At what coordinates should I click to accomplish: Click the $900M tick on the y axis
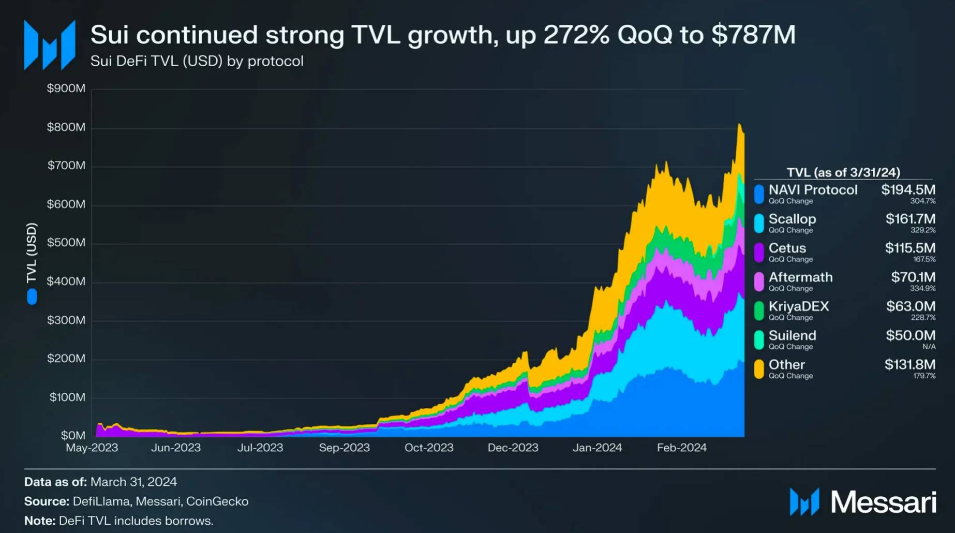click(66, 88)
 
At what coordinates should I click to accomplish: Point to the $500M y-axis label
click(66, 243)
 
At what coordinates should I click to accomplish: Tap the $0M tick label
click(73, 436)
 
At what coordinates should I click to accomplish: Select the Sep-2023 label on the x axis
click(344, 448)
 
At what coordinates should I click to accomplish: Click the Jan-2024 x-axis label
click(597, 448)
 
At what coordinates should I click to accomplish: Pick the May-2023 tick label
click(92, 448)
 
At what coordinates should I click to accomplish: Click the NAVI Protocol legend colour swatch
click(759, 194)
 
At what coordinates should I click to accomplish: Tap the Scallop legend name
click(792, 219)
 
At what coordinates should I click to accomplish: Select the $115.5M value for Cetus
click(910, 248)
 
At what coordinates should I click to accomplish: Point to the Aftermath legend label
click(800, 277)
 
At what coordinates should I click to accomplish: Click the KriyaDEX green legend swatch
click(759, 310)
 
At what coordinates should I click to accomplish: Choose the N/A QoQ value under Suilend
click(929, 347)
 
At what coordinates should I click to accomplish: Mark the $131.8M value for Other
click(910, 364)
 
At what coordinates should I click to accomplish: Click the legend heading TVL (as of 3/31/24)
click(843, 172)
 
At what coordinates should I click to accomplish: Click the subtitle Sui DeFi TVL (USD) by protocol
click(197, 61)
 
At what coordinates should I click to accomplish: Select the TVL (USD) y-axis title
click(32, 253)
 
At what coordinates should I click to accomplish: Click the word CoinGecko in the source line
click(217, 501)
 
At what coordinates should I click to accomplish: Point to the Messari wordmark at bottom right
click(883, 502)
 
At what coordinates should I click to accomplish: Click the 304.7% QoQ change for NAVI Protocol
click(923, 201)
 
